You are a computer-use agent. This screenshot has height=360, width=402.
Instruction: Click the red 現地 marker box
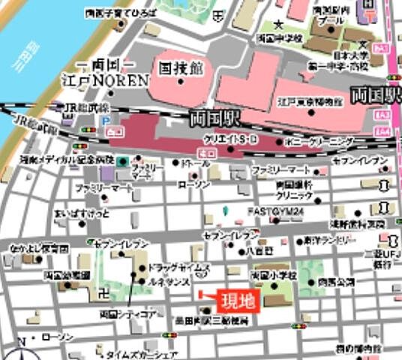coord(235,301)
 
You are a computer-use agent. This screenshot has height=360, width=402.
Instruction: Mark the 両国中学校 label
coord(279,37)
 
